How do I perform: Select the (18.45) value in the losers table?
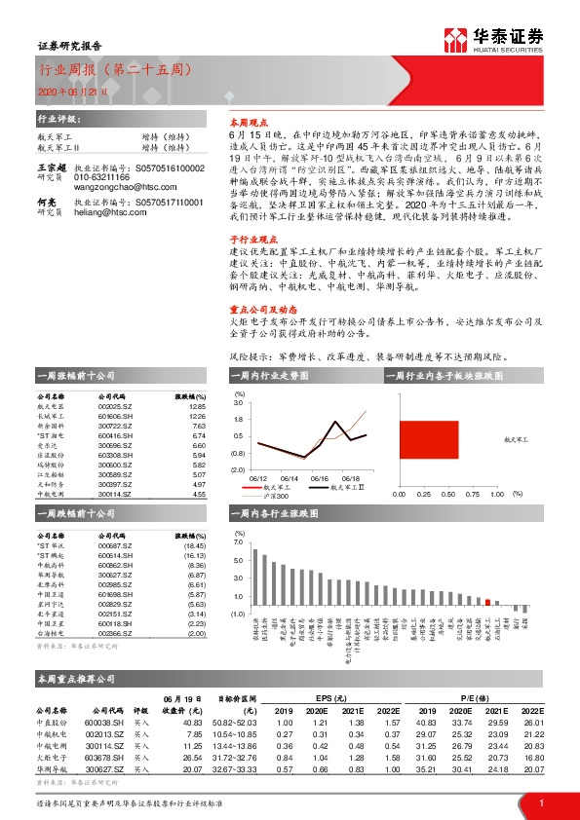(x=195, y=546)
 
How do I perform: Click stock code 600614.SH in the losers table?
(x=115, y=556)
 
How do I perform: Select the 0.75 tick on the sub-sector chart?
(x=470, y=495)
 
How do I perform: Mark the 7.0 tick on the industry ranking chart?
(x=238, y=540)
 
